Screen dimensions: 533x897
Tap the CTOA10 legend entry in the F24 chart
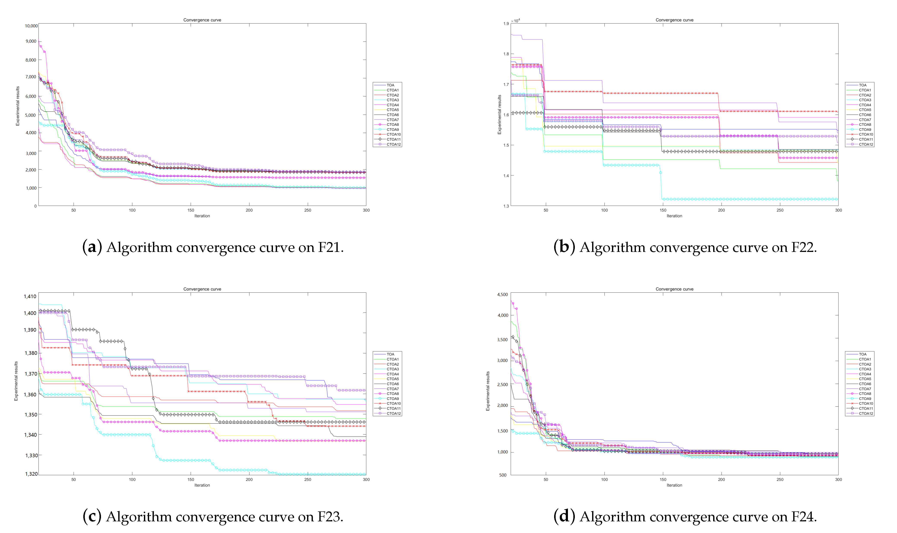(x=866, y=403)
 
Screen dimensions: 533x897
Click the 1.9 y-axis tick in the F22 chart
(x=506, y=24)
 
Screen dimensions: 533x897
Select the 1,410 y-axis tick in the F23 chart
(x=30, y=296)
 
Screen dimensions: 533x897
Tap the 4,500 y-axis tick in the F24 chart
(x=502, y=294)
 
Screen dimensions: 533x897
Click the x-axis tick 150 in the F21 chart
(x=191, y=210)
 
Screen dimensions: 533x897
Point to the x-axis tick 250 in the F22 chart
(x=780, y=210)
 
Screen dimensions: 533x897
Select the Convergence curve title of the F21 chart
(x=202, y=20)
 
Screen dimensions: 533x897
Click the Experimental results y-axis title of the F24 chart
(x=488, y=391)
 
